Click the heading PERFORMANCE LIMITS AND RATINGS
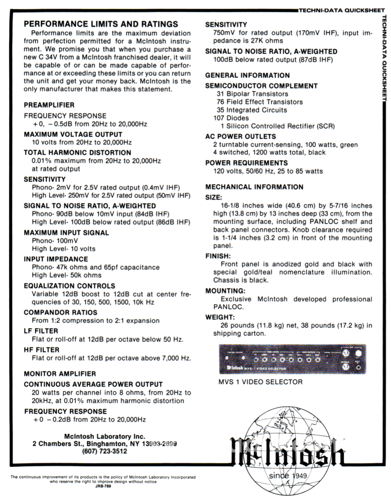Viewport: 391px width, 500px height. [x=101, y=24]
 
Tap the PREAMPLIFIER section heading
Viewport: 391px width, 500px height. [x=49, y=105]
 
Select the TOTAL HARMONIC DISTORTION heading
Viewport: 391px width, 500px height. [x=77, y=152]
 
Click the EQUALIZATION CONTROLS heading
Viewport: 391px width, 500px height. [x=69, y=286]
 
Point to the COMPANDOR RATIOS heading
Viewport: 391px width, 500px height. [x=61, y=312]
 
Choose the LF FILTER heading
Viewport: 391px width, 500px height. [x=41, y=331]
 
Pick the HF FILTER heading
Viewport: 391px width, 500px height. [x=42, y=350]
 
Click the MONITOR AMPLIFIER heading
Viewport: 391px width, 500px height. [x=60, y=374]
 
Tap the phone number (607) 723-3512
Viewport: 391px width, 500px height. [x=105, y=451]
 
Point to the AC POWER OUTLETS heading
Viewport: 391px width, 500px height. [x=240, y=136]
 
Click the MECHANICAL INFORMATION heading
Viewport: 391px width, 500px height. [x=255, y=187]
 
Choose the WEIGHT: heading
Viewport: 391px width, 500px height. [x=220, y=317]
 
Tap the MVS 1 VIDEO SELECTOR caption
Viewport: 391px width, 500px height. [x=260, y=382]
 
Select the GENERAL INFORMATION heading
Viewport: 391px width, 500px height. [x=247, y=75]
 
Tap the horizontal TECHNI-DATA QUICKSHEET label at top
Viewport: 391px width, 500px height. [x=344, y=10]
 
